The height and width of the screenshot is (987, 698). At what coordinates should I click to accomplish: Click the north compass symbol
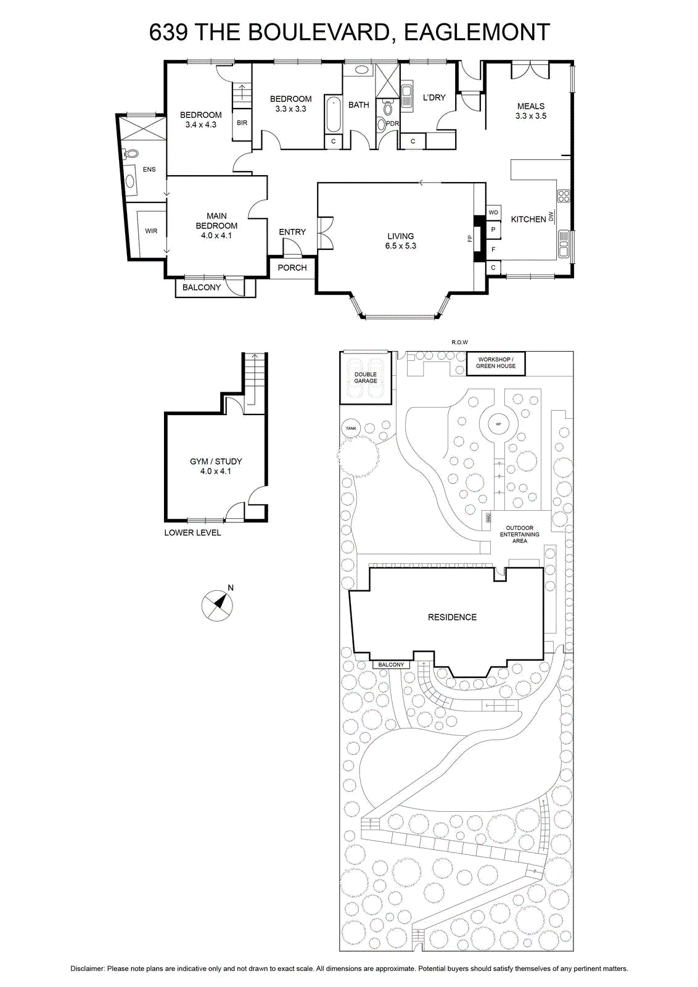[x=217, y=605]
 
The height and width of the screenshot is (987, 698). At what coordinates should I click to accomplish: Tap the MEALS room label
[x=531, y=106]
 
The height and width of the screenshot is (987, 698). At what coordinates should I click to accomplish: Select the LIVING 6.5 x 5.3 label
[x=401, y=241]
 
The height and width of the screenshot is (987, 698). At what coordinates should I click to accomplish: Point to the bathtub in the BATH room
[x=334, y=114]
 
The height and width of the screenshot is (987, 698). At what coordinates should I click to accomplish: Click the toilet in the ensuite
[x=130, y=154]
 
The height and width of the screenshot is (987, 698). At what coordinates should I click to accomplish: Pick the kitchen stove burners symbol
[x=564, y=196]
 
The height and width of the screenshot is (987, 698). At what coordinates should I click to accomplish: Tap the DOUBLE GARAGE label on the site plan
[x=366, y=378]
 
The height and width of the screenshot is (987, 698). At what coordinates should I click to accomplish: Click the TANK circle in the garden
[x=351, y=428]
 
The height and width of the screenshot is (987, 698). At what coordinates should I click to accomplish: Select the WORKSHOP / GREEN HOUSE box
[x=496, y=363]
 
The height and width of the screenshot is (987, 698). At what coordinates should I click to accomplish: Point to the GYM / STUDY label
[x=216, y=461]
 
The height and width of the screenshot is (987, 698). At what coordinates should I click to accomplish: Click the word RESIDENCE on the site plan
[x=452, y=617]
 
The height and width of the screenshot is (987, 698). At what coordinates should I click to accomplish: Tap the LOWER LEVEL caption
[x=192, y=532]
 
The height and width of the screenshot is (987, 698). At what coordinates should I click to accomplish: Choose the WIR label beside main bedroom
[x=151, y=231]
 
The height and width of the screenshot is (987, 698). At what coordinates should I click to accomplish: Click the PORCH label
[x=292, y=268]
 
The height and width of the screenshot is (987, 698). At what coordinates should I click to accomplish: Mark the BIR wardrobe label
[x=242, y=123]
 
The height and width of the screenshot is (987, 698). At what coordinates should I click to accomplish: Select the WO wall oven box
[x=493, y=212]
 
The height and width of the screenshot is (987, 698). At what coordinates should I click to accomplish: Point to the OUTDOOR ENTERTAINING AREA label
[x=520, y=534]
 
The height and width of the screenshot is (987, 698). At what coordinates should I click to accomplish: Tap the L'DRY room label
[x=434, y=97]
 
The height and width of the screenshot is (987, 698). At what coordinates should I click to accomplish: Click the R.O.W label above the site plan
[x=459, y=342]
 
